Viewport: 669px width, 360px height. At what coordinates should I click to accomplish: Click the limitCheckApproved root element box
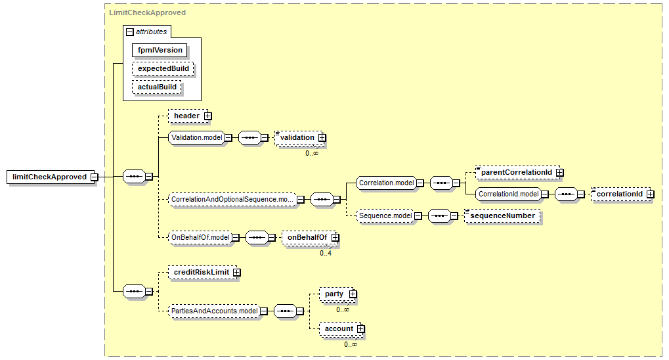(49, 177)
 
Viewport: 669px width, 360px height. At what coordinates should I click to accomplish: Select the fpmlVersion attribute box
(160, 50)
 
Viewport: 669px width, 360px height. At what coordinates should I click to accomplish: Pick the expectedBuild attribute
(163, 68)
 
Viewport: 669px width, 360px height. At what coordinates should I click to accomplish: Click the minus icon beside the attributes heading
(130, 32)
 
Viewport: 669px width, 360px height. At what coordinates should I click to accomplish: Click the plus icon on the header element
(207, 116)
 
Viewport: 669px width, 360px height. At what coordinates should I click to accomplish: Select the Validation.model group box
(195, 137)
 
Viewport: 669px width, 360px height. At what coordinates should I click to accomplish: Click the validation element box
(297, 137)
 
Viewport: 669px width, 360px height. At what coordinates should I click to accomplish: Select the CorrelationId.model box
(507, 194)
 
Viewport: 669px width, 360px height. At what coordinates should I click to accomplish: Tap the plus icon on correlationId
(649, 194)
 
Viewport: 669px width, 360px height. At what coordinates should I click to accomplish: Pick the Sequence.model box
(384, 215)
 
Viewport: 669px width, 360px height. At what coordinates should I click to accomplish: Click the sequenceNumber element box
(502, 215)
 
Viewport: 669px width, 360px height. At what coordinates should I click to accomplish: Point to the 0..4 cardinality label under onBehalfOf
(326, 253)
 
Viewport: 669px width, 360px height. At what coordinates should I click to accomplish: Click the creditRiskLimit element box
(201, 272)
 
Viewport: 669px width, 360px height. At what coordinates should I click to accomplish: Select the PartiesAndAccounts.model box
(213, 311)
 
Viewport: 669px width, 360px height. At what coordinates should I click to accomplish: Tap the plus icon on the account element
(360, 328)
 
